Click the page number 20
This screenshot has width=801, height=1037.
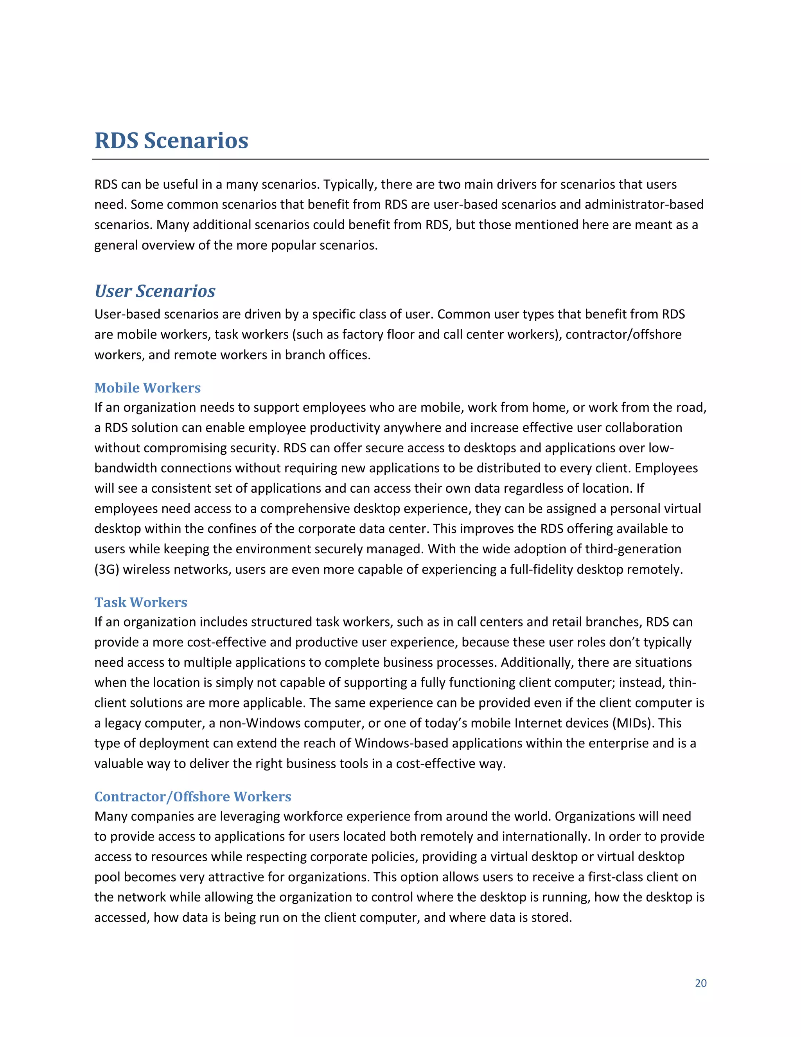coord(700,983)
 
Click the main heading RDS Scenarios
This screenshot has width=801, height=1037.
coord(171,140)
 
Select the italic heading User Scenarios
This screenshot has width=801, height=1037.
coord(155,291)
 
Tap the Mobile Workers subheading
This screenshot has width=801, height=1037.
coord(147,387)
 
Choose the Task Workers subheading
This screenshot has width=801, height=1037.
coord(141,602)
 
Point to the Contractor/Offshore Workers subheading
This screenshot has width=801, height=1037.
coord(193,796)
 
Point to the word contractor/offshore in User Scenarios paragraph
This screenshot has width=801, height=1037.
coord(623,334)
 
